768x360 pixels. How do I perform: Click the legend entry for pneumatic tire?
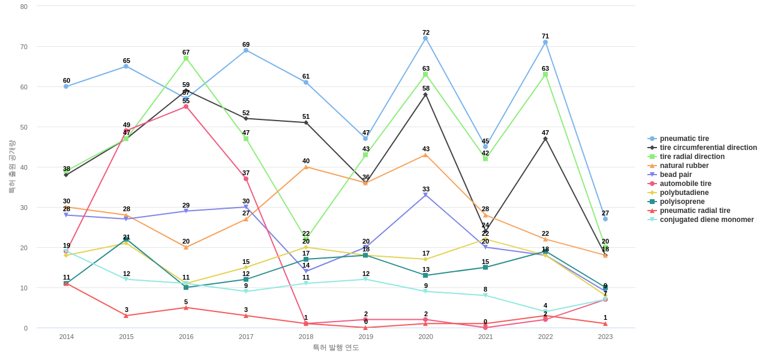[684, 139]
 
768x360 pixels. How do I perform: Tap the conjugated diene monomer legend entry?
[706, 220]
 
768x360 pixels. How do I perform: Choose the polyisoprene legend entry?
[682, 202]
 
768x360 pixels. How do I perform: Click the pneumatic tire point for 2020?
[425, 38]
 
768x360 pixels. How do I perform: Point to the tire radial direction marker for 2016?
[186, 58]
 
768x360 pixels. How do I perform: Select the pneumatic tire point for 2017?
[246, 50]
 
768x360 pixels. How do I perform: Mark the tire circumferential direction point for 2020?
[425, 95]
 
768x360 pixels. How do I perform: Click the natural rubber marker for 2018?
[306, 167]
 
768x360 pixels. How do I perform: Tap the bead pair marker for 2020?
[425, 195]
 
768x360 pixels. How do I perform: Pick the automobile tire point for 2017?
[246, 179]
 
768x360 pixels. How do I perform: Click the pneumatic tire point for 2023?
[605, 219]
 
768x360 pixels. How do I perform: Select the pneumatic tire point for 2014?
[66, 86]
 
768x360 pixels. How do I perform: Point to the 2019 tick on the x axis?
[366, 337]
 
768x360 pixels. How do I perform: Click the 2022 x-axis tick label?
[545, 337]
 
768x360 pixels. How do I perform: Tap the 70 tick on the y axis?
[24, 47]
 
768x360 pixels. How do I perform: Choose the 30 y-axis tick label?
[24, 208]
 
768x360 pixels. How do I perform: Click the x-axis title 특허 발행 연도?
[335, 347]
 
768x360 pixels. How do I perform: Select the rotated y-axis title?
[11, 167]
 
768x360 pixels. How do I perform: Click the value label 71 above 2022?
[545, 36]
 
